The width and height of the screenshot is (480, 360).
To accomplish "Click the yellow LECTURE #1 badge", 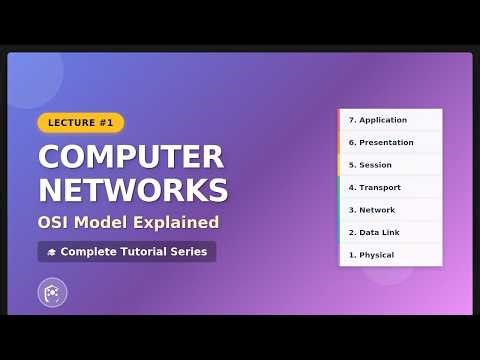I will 81,123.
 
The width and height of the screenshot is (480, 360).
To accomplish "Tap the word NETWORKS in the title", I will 133,190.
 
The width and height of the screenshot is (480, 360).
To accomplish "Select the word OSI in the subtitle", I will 56,222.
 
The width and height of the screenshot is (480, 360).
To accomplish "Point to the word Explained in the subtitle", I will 180,222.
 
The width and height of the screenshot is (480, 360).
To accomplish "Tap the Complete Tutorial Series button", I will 127,252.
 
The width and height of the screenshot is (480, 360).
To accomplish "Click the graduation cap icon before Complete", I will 51,252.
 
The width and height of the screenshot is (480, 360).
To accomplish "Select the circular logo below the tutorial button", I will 51,293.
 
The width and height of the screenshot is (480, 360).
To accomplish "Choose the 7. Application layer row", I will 390,120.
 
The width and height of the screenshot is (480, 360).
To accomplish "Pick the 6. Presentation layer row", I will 390,142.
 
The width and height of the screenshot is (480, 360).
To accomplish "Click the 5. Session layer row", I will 390,165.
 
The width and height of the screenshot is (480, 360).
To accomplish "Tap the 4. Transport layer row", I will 390,187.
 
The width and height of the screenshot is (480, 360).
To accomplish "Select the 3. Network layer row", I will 390,210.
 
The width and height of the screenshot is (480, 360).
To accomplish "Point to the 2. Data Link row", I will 390,232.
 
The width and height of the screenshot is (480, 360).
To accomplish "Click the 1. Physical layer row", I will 390,255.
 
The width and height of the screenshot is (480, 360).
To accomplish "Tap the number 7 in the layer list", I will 351,120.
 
